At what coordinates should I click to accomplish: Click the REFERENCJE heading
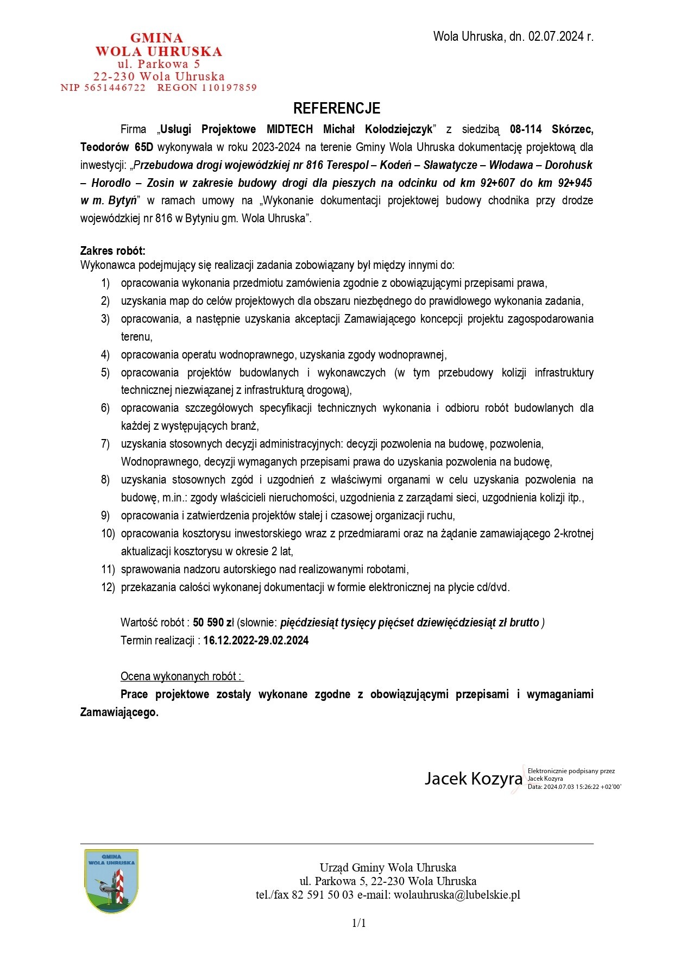(337, 109)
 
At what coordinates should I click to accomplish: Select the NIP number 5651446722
(115, 87)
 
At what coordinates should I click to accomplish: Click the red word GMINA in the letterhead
(157, 38)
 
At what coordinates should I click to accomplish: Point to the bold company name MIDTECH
(289, 129)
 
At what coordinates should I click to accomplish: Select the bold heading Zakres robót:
(113, 251)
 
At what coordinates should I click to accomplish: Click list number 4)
(105, 355)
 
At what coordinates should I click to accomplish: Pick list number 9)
(105, 516)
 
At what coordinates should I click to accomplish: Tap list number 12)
(108, 587)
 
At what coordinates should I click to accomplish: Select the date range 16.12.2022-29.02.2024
(256, 641)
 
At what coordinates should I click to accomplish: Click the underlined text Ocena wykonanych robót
(181, 676)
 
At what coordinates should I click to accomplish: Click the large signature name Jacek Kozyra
(473, 779)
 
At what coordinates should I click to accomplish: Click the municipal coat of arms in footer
(111, 881)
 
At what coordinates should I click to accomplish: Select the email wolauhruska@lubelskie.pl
(457, 895)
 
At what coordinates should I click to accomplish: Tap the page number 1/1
(360, 923)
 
